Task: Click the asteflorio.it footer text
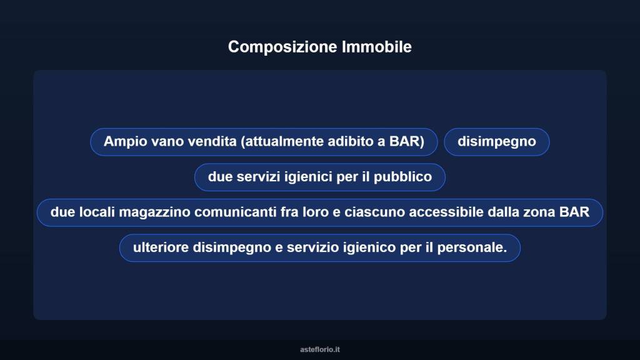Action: (x=320, y=349)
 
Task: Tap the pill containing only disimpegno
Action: (x=496, y=141)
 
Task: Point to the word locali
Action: (x=97, y=212)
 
